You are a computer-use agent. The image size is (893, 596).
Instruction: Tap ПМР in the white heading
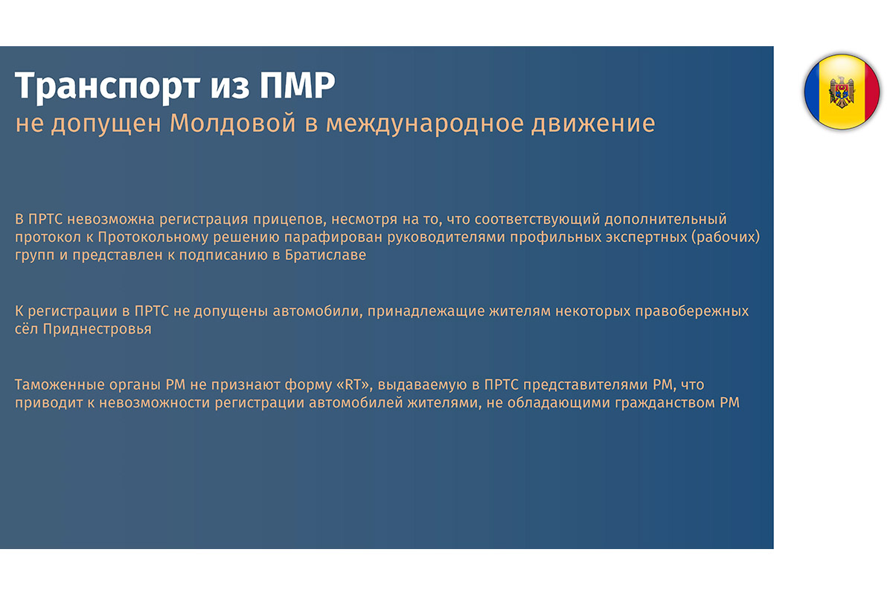(298, 85)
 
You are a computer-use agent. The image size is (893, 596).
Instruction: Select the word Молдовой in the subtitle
(233, 123)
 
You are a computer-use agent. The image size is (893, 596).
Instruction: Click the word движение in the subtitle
(593, 124)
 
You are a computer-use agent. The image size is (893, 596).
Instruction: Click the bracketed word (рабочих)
(726, 238)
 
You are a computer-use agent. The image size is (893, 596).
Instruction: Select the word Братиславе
(325, 256)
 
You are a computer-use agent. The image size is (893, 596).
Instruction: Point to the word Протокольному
(153, 238)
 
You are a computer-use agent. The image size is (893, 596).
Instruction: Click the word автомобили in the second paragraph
(317, 311)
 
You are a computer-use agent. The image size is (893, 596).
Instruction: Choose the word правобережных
(691, 311)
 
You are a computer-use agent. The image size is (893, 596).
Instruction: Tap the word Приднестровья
(97, 330)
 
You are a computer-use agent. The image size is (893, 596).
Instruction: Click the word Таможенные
(60, 385)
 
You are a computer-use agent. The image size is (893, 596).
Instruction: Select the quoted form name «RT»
(353, 385)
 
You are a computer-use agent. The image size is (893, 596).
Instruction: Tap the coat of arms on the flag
(842, 92)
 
